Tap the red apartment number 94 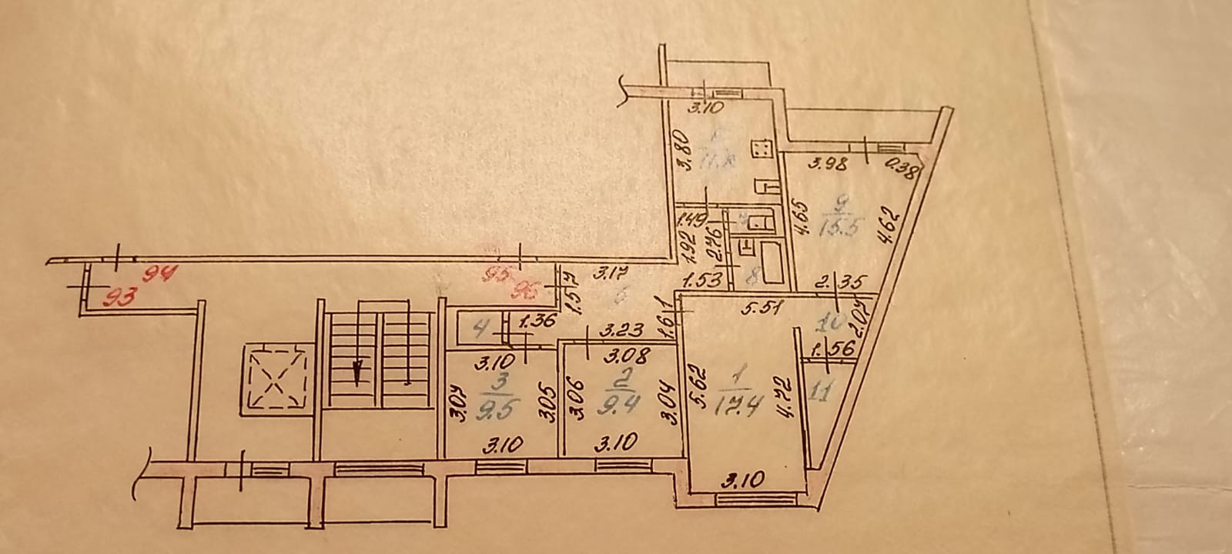pos(162,272)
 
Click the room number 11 pos(821,395)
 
